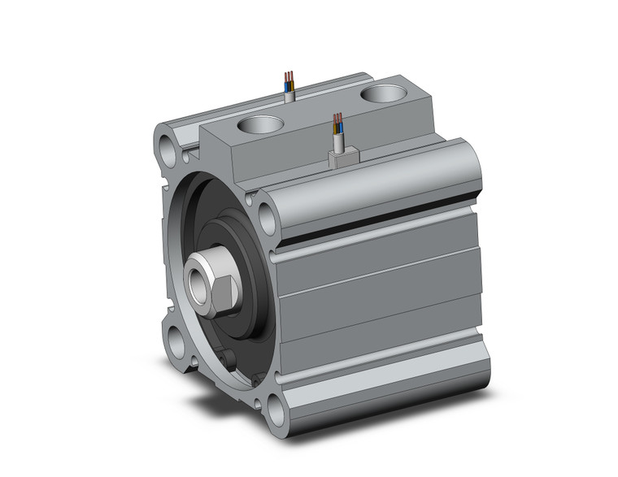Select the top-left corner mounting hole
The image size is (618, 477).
pyautogui.click(x=168, y=150)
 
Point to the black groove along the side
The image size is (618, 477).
pyautogui.click(x=382, y=223)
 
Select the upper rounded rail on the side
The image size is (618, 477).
pyautogui.click(x=382, y=183)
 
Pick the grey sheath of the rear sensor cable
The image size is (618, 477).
pyautogui.click(x=289, y=96)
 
